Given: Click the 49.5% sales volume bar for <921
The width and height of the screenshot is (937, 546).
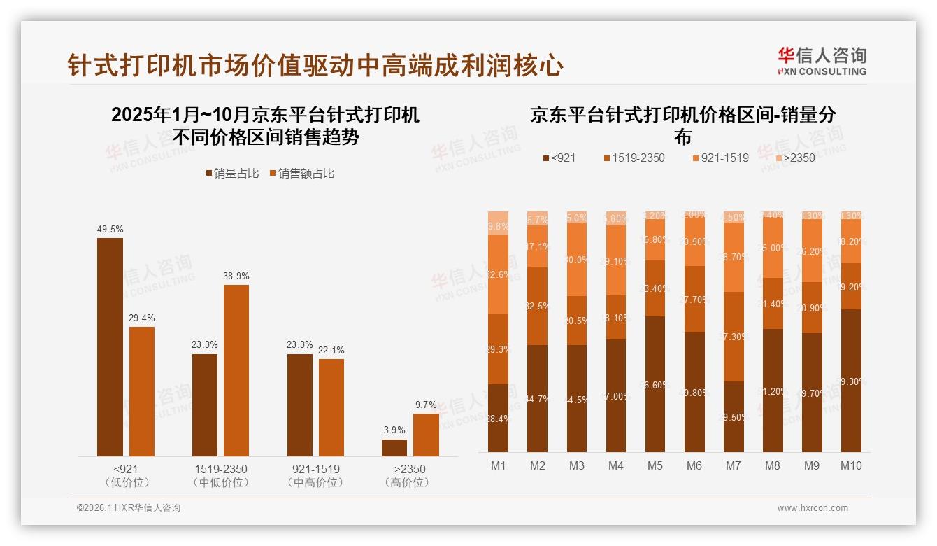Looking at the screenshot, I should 110,347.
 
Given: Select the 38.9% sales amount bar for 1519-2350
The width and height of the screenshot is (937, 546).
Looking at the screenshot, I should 236,370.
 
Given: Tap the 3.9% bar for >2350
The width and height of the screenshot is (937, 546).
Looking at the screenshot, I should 394,448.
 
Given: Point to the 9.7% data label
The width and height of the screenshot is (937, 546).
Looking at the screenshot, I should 426,405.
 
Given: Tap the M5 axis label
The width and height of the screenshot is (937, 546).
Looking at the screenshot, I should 655,466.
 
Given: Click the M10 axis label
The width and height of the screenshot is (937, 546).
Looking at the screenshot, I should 851,466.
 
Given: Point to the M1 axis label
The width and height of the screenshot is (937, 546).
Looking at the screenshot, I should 498,466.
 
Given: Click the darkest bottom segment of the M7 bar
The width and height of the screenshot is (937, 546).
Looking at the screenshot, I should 734,416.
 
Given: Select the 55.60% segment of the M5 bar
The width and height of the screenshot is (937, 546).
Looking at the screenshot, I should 655,384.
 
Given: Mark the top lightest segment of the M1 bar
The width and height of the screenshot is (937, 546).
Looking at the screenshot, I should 498,223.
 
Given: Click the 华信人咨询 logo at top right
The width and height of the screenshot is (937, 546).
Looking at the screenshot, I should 822,62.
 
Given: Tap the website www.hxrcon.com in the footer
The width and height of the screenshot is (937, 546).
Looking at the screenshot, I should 813,508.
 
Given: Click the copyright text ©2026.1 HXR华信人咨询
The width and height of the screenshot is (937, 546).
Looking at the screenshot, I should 129,508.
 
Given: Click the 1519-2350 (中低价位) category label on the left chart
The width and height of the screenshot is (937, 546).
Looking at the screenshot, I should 220,475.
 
